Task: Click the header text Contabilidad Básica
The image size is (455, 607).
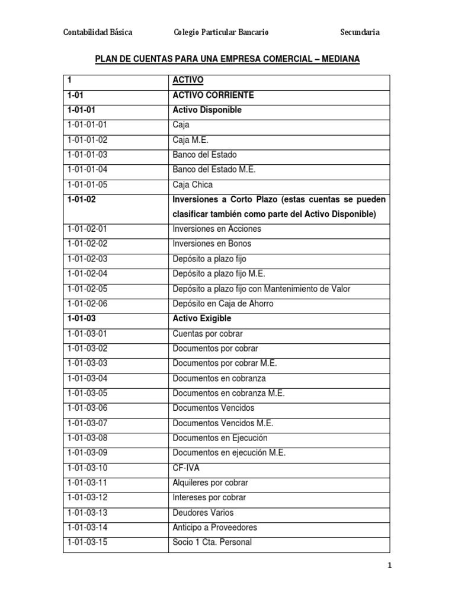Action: [98, 32]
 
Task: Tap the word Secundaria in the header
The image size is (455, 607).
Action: [360, 32]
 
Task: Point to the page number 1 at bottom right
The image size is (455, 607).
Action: [390, 566]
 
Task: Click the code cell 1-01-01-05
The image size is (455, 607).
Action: [88, 184]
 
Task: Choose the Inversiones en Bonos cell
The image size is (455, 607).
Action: [212, 244]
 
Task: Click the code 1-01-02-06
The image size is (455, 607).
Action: [88, 303]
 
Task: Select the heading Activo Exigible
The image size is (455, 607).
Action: [203, 318]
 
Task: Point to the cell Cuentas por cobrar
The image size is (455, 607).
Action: [208, 334]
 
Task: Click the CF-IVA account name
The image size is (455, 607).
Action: [186, 468]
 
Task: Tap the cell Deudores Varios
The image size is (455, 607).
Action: [203, 513]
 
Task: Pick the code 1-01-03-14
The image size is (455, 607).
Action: [88, 528]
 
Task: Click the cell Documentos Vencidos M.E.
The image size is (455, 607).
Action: [223, 423]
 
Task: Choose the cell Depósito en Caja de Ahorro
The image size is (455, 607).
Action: [223, 303]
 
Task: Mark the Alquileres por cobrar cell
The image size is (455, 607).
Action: [210, 483]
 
